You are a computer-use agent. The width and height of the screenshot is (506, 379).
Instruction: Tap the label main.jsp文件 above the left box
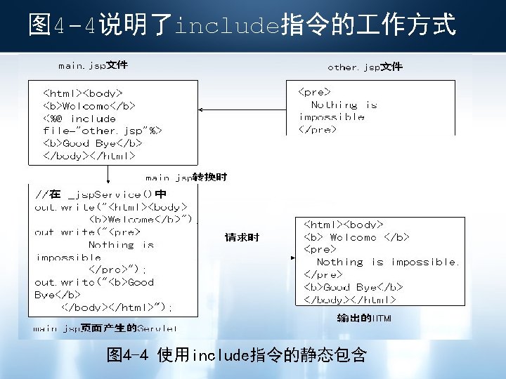tap(92, 66)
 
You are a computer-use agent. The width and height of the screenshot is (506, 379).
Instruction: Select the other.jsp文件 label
tap(365, 67)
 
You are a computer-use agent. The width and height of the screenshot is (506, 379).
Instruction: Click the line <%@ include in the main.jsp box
tap(79, 119)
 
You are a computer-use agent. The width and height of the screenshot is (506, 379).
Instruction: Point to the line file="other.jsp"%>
tap(103, 131)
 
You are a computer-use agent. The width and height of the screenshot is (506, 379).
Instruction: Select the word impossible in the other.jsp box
tap(332, 117)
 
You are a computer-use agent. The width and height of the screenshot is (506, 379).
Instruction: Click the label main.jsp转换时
tap(186, 178)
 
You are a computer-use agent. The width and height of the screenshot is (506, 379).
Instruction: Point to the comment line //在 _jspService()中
tap(100, 194)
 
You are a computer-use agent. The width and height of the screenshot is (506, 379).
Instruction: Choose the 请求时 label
tap(242, 238)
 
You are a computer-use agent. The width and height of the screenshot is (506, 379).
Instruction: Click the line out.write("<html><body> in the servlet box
tap(110, 207)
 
